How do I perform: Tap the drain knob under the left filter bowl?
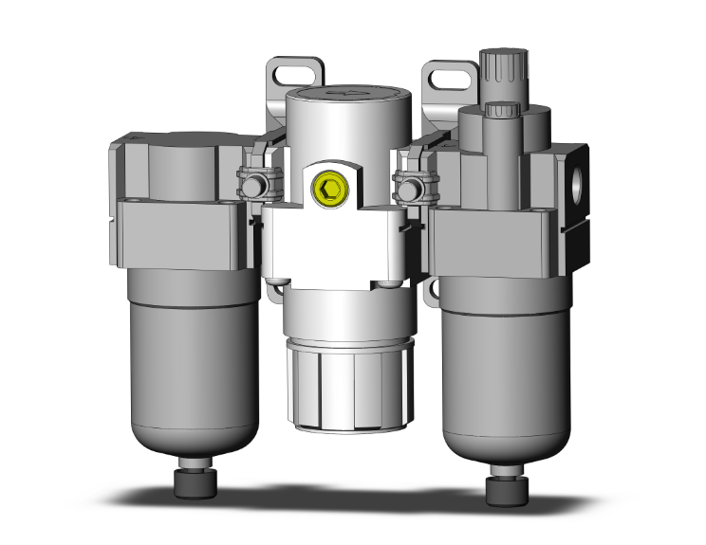click(194, 482)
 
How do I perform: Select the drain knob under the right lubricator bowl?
click(502, 489)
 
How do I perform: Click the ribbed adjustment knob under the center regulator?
click(348, 390)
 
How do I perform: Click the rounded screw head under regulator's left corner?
click(277, 282)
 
